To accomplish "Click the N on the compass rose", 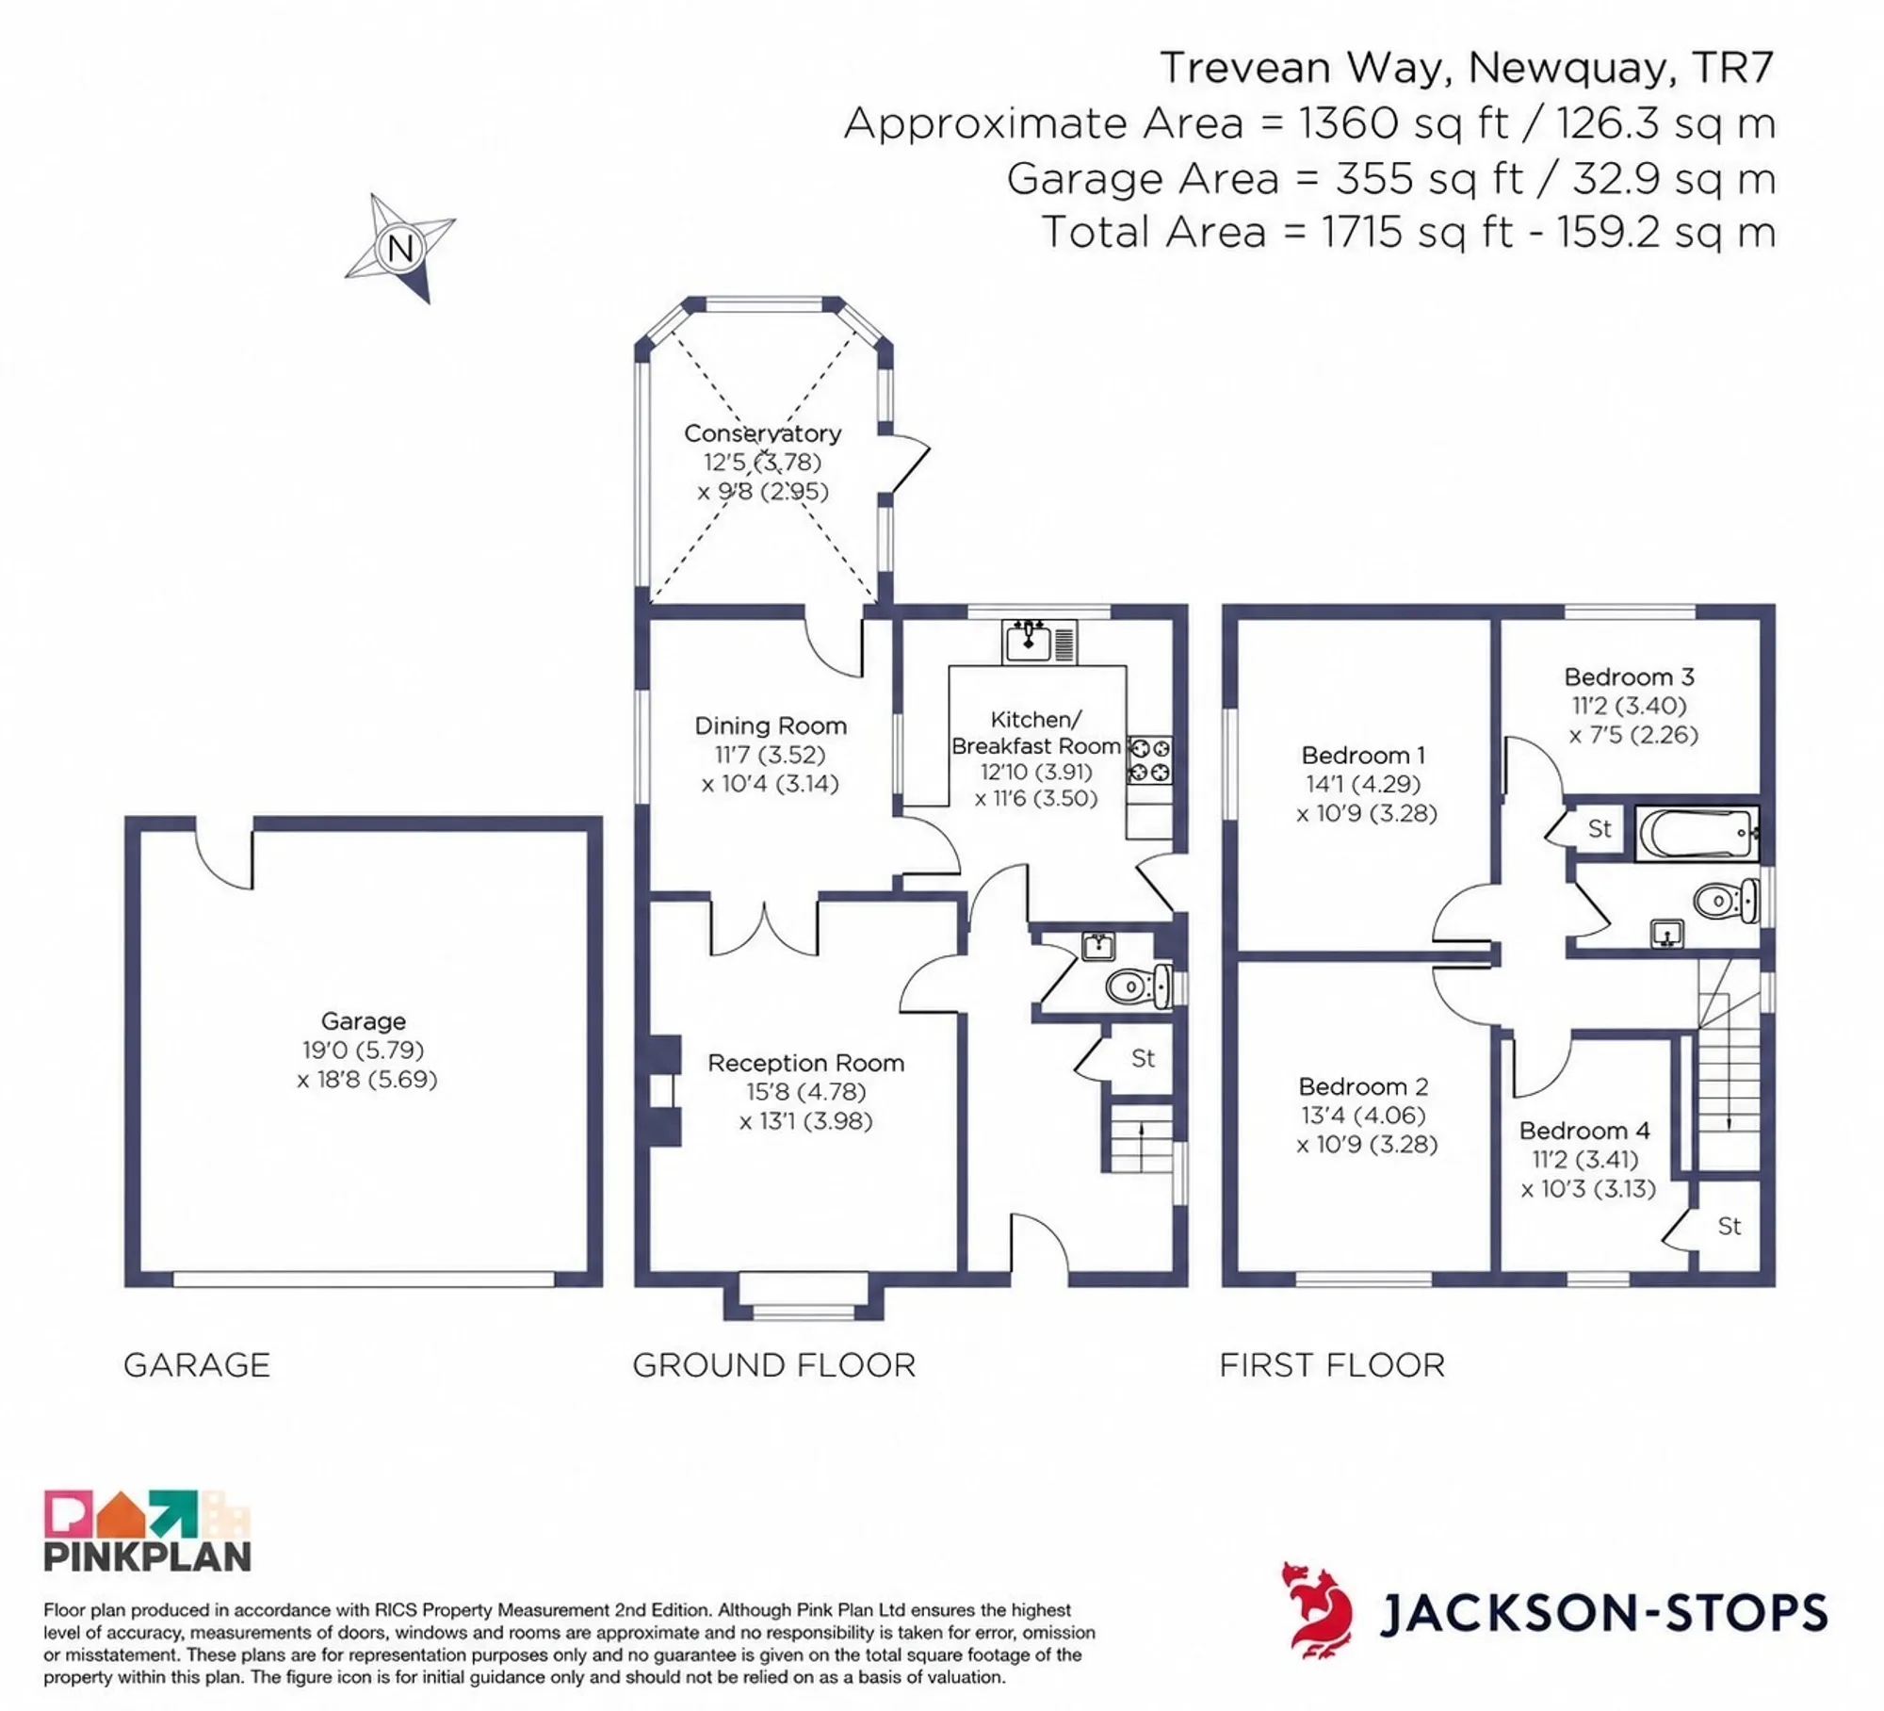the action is [x=400, y=250].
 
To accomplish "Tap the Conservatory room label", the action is [x=762, y=433].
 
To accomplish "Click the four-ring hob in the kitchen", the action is [x=1150, y=760].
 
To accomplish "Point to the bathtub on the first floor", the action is [x=1696, y=833].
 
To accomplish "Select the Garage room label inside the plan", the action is [x=364, y=1020].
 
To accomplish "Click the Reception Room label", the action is [x=805, y=1063].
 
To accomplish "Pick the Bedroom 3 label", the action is [x=1629, y=676].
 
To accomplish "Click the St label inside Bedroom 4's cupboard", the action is [x=1729, y=1226].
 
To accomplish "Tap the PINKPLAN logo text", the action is [x=148, y=1556].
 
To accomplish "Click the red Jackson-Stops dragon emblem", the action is [x=1317, y=1609].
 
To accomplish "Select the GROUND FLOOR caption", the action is [x=773, y=1365].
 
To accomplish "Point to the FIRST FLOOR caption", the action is [x=1332, y=1365].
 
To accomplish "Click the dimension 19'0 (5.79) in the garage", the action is [x=363, y=1050].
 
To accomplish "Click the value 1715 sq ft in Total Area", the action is [x=1418, y=232].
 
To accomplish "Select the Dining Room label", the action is [x=771, y=725].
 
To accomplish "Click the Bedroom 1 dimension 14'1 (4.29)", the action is [x=1363, y=784].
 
